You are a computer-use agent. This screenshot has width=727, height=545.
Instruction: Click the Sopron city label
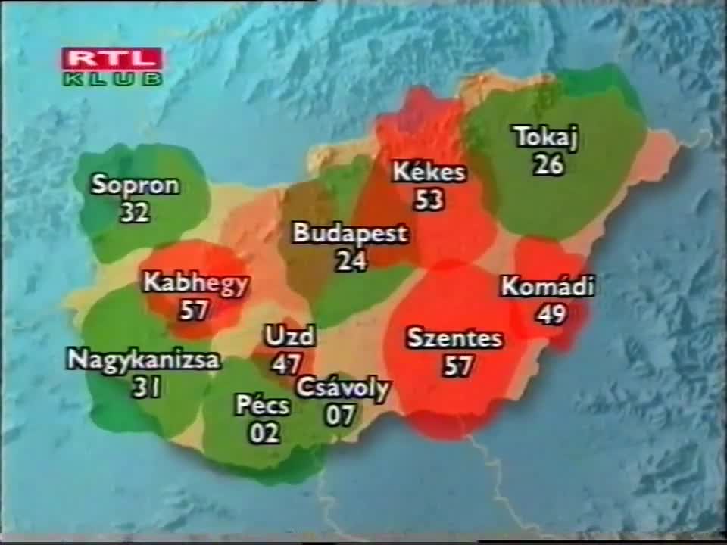pos(135,185)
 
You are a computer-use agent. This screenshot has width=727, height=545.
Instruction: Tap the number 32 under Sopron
pos(135,213)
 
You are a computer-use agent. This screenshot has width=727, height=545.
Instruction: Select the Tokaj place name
pos(546,138)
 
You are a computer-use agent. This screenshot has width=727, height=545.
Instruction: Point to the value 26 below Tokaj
pos(548,164)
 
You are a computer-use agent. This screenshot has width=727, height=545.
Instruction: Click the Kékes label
pos(429,173)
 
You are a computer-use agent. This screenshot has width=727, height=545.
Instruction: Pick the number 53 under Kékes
pos(429,200)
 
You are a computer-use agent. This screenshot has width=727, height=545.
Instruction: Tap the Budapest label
pos(350,233)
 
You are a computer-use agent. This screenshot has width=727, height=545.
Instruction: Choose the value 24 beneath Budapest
pos(351,261)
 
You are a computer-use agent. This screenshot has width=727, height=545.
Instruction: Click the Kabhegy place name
pos(195,283)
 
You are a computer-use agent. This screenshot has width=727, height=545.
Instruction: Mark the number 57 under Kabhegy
pos(195,310)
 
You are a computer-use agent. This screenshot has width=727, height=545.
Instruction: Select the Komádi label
pos(548,287)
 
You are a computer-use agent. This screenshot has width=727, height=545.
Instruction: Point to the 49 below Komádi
pos(552,314)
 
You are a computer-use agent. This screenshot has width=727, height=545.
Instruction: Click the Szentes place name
pos(454,338)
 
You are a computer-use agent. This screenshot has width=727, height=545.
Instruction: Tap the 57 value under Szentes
pos(458,366)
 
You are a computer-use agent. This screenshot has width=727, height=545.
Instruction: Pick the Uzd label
pos(289,336)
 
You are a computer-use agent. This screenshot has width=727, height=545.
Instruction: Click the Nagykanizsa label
pos(143,360)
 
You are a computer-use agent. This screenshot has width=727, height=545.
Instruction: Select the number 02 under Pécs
pos(264,433)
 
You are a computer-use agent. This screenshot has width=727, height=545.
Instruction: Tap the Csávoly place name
pos(342,388)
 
